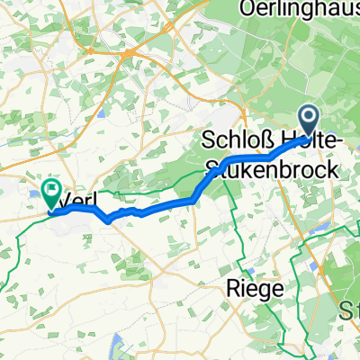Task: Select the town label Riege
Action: point(251,289)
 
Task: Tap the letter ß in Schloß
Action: point(268,142)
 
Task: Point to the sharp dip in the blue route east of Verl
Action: point(109,218)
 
